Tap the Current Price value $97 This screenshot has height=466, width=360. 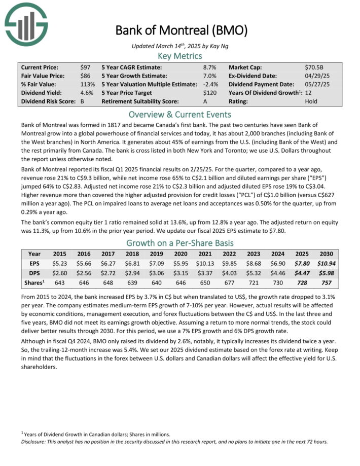coord(85,67)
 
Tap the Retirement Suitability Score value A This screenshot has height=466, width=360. coord(205,101)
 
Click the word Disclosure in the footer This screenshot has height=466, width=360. coord(34,441)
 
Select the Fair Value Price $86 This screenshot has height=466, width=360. coord(85,76)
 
